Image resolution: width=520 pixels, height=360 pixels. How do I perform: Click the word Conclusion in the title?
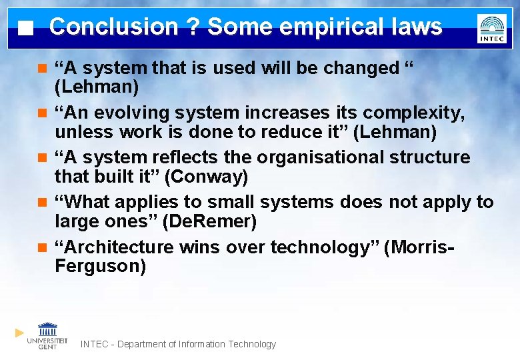tap(113, 27)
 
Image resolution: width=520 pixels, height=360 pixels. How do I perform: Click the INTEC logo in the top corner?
tap(492, 29)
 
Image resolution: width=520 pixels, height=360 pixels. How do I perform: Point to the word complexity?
tap(415, 113)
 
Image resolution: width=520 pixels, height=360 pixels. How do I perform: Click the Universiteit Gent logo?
tap(47, 335)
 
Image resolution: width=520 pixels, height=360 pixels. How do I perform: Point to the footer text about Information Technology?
tap(178, 344)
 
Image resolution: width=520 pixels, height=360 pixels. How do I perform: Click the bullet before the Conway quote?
tap(42, 158)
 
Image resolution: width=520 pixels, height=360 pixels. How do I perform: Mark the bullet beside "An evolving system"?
tap(42, 113)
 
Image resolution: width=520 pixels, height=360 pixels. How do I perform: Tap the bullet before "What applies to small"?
tap(42, 202)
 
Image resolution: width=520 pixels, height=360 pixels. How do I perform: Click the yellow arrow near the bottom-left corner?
tap(20, 332)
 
